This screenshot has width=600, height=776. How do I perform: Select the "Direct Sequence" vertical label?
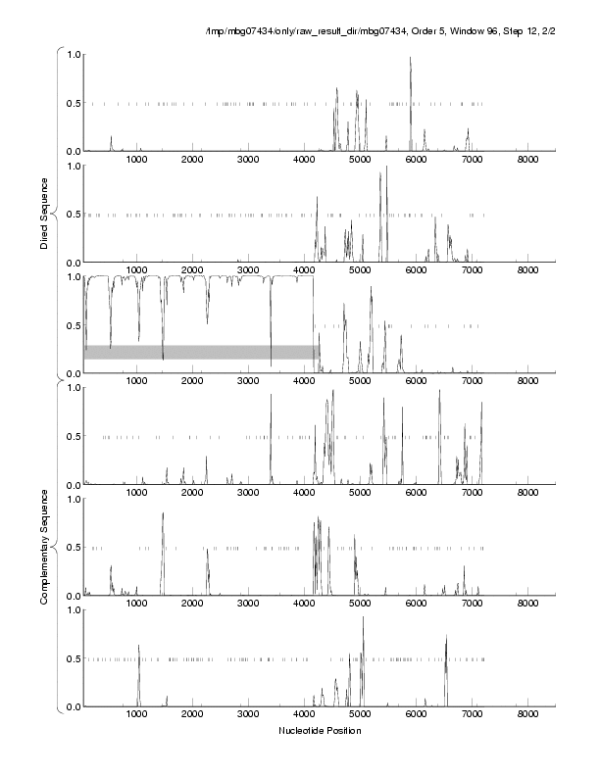(44, 213)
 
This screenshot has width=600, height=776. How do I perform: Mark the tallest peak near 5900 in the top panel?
(410, 59)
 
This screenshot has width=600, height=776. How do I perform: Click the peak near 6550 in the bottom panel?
(446, 638)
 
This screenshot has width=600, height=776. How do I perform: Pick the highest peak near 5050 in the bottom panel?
(363, 618)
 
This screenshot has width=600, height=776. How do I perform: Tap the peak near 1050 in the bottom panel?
(139, 646)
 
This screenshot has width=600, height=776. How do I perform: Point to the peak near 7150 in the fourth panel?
(481, 404)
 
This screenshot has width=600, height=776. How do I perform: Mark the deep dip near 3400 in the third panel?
(271, 364)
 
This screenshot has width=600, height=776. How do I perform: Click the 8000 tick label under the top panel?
(527, 160)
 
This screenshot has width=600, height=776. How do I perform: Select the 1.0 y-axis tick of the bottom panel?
(73, 609)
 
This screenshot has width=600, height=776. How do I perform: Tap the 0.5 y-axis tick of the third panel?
(73, 325)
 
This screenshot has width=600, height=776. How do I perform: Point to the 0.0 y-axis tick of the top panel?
(73, 151)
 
